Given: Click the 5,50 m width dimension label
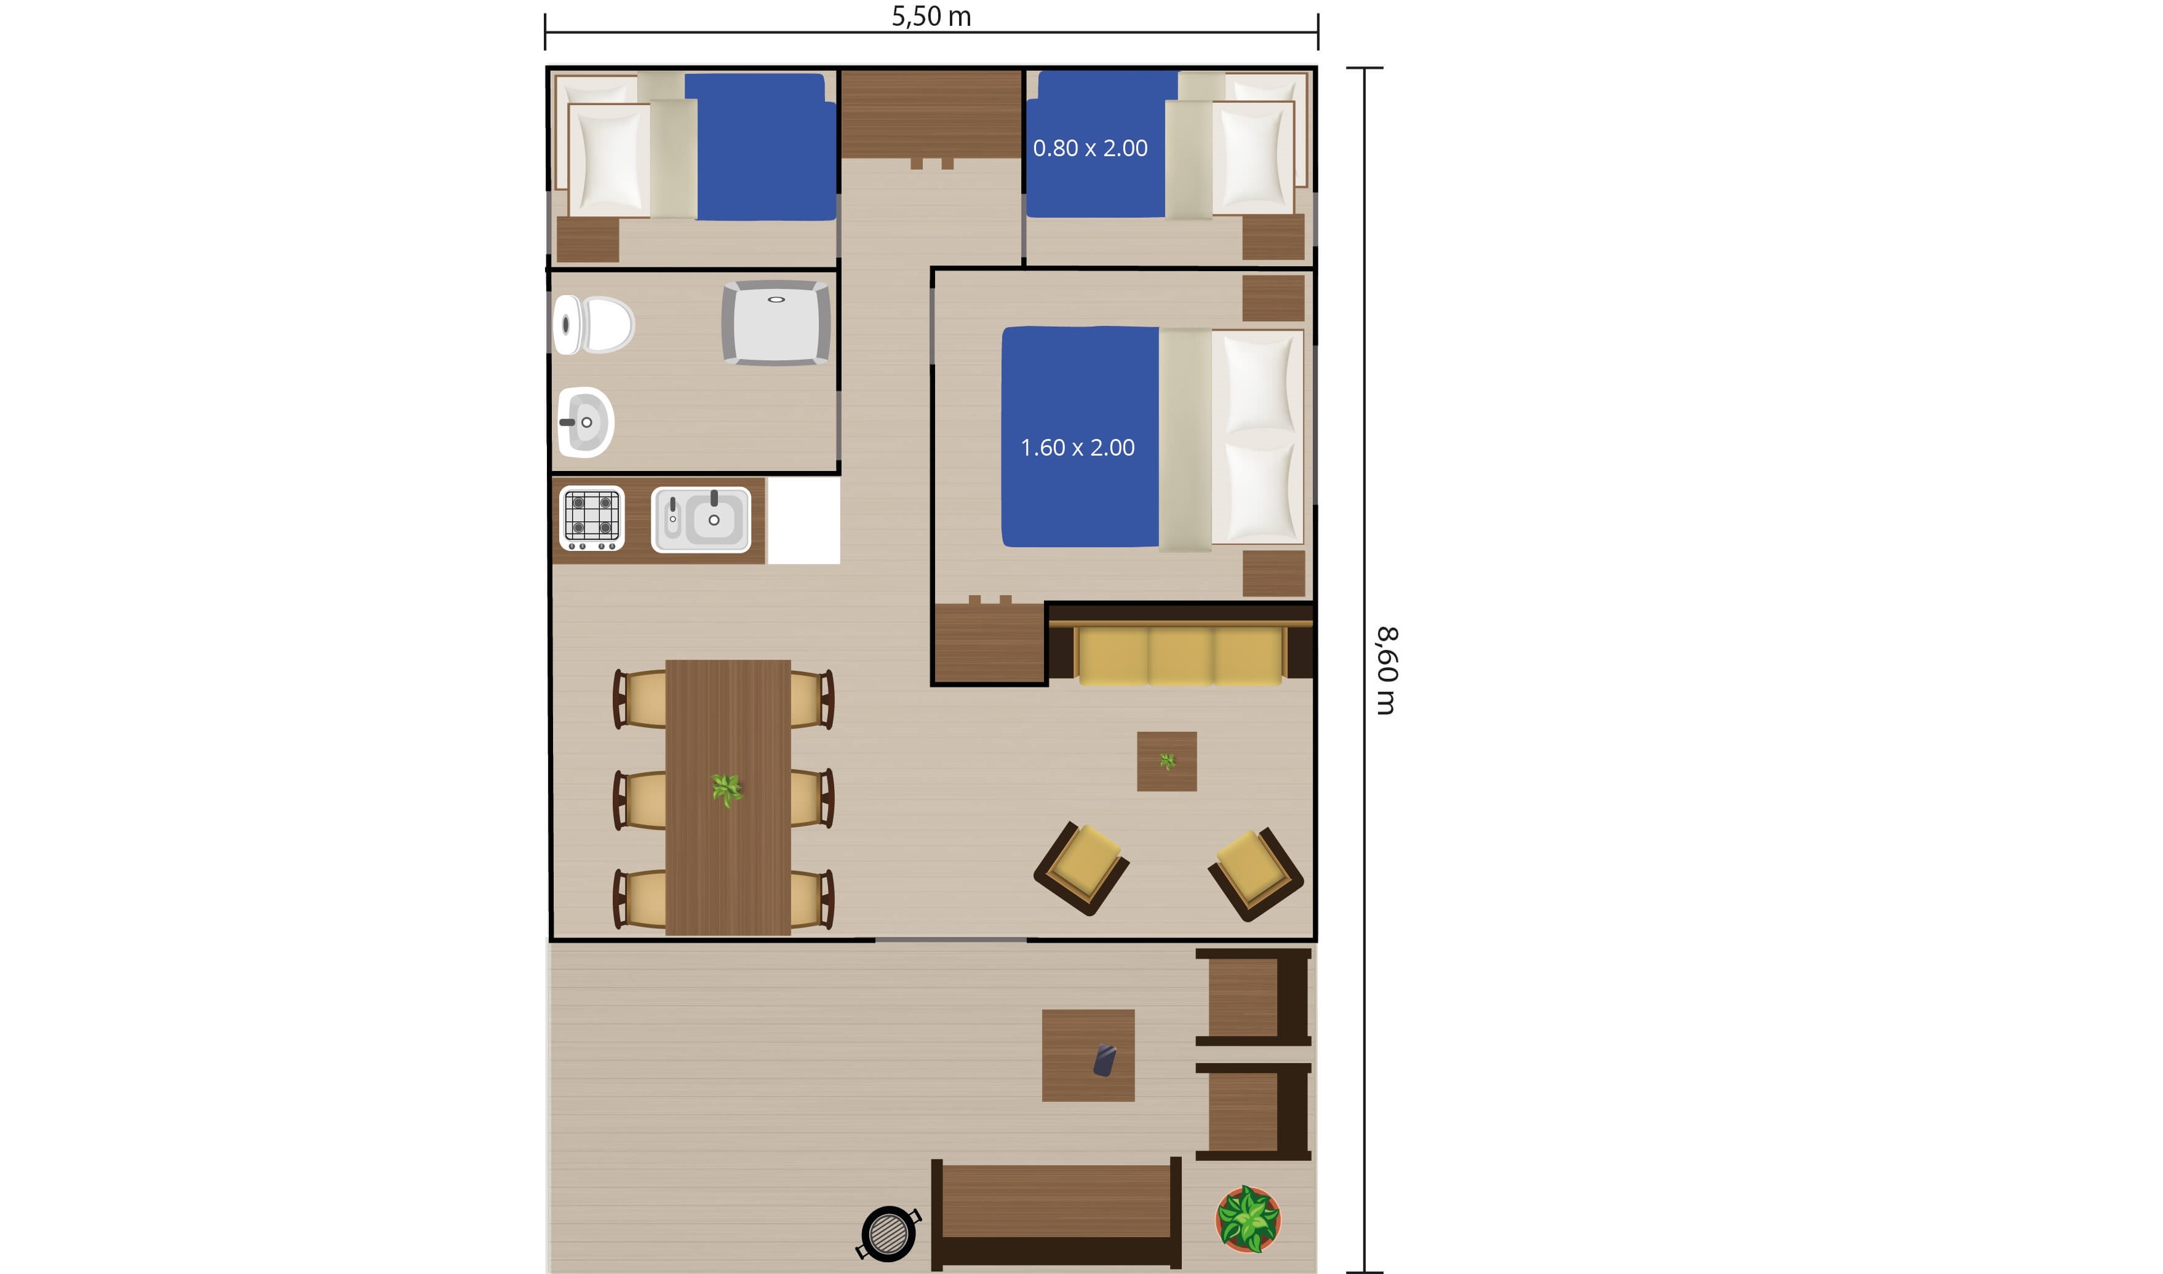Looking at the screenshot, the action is pos(931,17).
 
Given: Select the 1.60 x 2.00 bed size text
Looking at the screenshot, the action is pos(1078,447).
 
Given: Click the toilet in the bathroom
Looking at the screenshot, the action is pos(593,325).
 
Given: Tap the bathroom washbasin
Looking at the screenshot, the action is pos(585,422).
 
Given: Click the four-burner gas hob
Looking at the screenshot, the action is pos(592,518).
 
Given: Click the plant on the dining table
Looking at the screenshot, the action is pos(727,788).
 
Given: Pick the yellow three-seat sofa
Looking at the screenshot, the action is pos(1181,655).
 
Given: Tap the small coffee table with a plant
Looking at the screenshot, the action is pos(1167,761).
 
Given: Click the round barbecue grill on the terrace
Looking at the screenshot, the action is pos(888,1233).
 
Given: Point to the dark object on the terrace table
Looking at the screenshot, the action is pos(1104,1060).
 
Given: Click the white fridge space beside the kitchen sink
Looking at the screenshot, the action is pos(803,520).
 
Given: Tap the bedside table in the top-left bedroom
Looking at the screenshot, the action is pos(588,240).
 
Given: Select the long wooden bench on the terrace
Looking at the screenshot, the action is pos(1056,1213).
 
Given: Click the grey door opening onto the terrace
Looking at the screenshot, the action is pos(950,940).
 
